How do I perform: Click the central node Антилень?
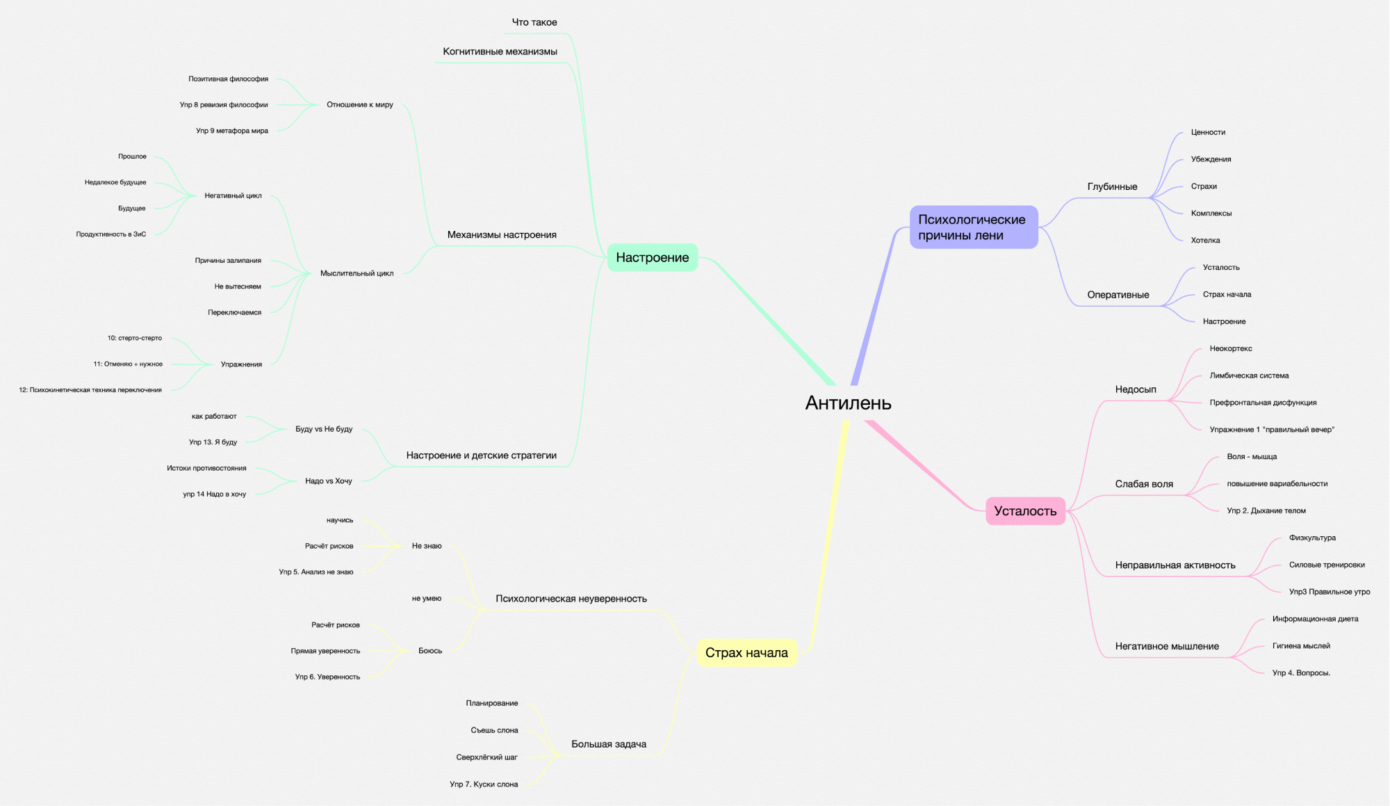click(x=848, y=403)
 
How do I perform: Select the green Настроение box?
click(x=652, y=257)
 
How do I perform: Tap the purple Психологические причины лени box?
click(x=973, y=227)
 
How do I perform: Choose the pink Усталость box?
click(x=1025, y=511)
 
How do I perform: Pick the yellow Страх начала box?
click(x=746, y=652)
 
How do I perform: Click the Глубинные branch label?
click(x=1112, y=186)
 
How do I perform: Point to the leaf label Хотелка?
click(x=1205, y=241)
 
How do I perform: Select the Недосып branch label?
click(x=1136, y=389)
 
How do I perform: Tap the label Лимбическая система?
click(x=1249, y=376)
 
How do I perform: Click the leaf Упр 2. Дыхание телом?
click(x=1266, y=510)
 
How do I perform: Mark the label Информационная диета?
click(x=1315, y=619)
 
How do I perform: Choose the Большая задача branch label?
click(x=609, y=744)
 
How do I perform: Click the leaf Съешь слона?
click(x=494, y=730)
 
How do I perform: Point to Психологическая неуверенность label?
click(x=571, y=599)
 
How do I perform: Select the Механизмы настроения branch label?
click(x=502, y=235)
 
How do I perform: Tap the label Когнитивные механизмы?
click(x=500, y=51)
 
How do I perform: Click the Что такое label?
click(x=534, y=22)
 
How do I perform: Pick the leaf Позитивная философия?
click(x=228, y=79)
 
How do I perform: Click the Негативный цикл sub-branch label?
click(x=233, y=196)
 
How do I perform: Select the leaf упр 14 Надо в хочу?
click(x=214, y=494)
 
